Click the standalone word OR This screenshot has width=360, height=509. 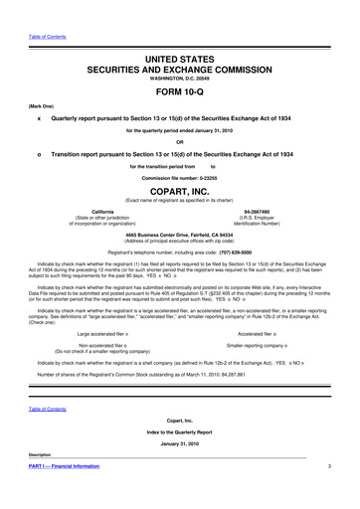point(180,139)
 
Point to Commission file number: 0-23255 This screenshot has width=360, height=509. point(180,177)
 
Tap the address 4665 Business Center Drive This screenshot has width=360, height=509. point(180,234)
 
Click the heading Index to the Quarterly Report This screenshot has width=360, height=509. point(180,434)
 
